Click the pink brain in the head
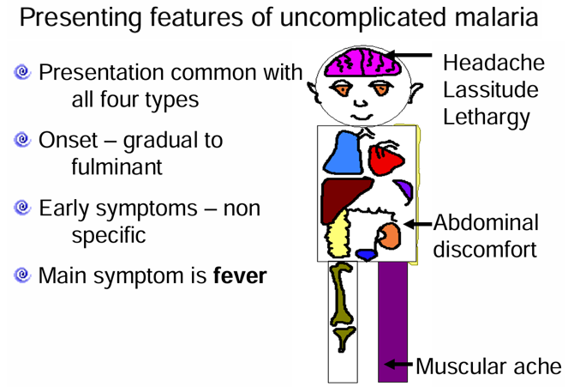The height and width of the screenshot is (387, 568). (x=362, y=63)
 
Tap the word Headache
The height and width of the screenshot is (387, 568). (x=493, y=63)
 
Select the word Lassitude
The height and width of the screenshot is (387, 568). (x=491, y=89)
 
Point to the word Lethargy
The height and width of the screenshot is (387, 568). (x=487, y=118)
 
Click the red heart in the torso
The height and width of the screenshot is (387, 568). (x=385, y=159)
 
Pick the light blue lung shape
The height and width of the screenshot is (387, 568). (x=344, y=153)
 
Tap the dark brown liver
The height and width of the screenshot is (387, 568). (x=344, y=198)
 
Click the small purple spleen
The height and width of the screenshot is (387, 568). (x=404, y=191)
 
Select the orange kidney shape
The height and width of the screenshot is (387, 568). (x=389, y=236)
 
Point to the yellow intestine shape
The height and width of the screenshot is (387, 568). (x=338, y=234)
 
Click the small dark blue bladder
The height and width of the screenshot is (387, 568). (x=367, y=254)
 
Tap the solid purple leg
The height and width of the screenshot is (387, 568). (x=392, y=322)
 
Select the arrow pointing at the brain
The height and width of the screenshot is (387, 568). (x=409, y=56)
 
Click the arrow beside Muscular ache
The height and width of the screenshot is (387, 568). (x=398, y=364)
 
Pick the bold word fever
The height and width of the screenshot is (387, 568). (x=240, y=275)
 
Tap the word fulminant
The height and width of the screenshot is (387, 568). (x=117, y=166)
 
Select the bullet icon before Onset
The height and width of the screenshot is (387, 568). (x=22, y=140)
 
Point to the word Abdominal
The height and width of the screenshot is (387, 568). (x=486, y=222)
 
